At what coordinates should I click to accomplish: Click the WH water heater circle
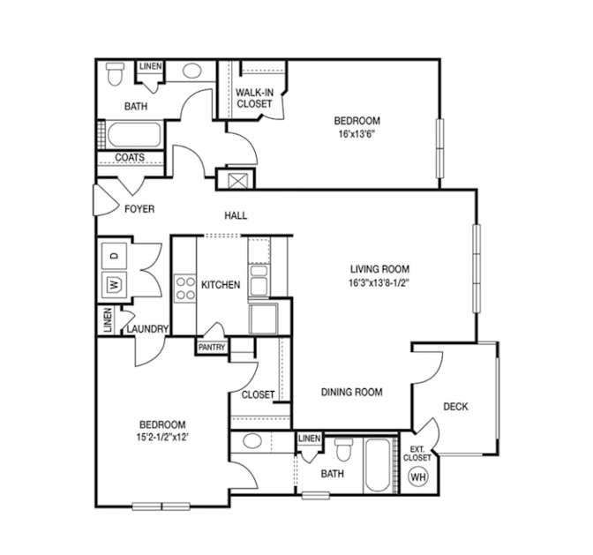[418, 476]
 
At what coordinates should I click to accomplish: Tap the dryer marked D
[114, 256]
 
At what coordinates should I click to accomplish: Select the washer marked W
[114, 284]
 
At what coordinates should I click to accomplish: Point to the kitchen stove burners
[185, 289]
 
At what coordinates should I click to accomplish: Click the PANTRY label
[212, 347]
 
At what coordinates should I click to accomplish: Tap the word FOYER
[139, 209]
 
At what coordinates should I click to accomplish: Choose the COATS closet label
[130, 157]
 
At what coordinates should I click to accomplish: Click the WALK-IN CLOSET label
[254, 98]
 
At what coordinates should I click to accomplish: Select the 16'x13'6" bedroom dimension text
[357, 134]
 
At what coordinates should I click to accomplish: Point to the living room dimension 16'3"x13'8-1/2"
[379, 282]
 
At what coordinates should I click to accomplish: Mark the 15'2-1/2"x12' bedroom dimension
[162, 438]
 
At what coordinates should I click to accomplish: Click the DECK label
[455, 407]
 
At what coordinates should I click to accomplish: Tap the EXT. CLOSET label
[417, 454]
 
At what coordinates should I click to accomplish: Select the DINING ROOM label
[352, 392]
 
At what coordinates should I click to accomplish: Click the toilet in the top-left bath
[115, 74]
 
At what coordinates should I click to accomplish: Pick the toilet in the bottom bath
[344, 450]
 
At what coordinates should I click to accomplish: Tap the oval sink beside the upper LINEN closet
[192, 71]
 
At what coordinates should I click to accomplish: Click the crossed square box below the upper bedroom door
[238, 181]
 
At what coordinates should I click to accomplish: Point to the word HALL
[236, 215]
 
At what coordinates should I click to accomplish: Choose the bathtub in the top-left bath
[134, 135]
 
